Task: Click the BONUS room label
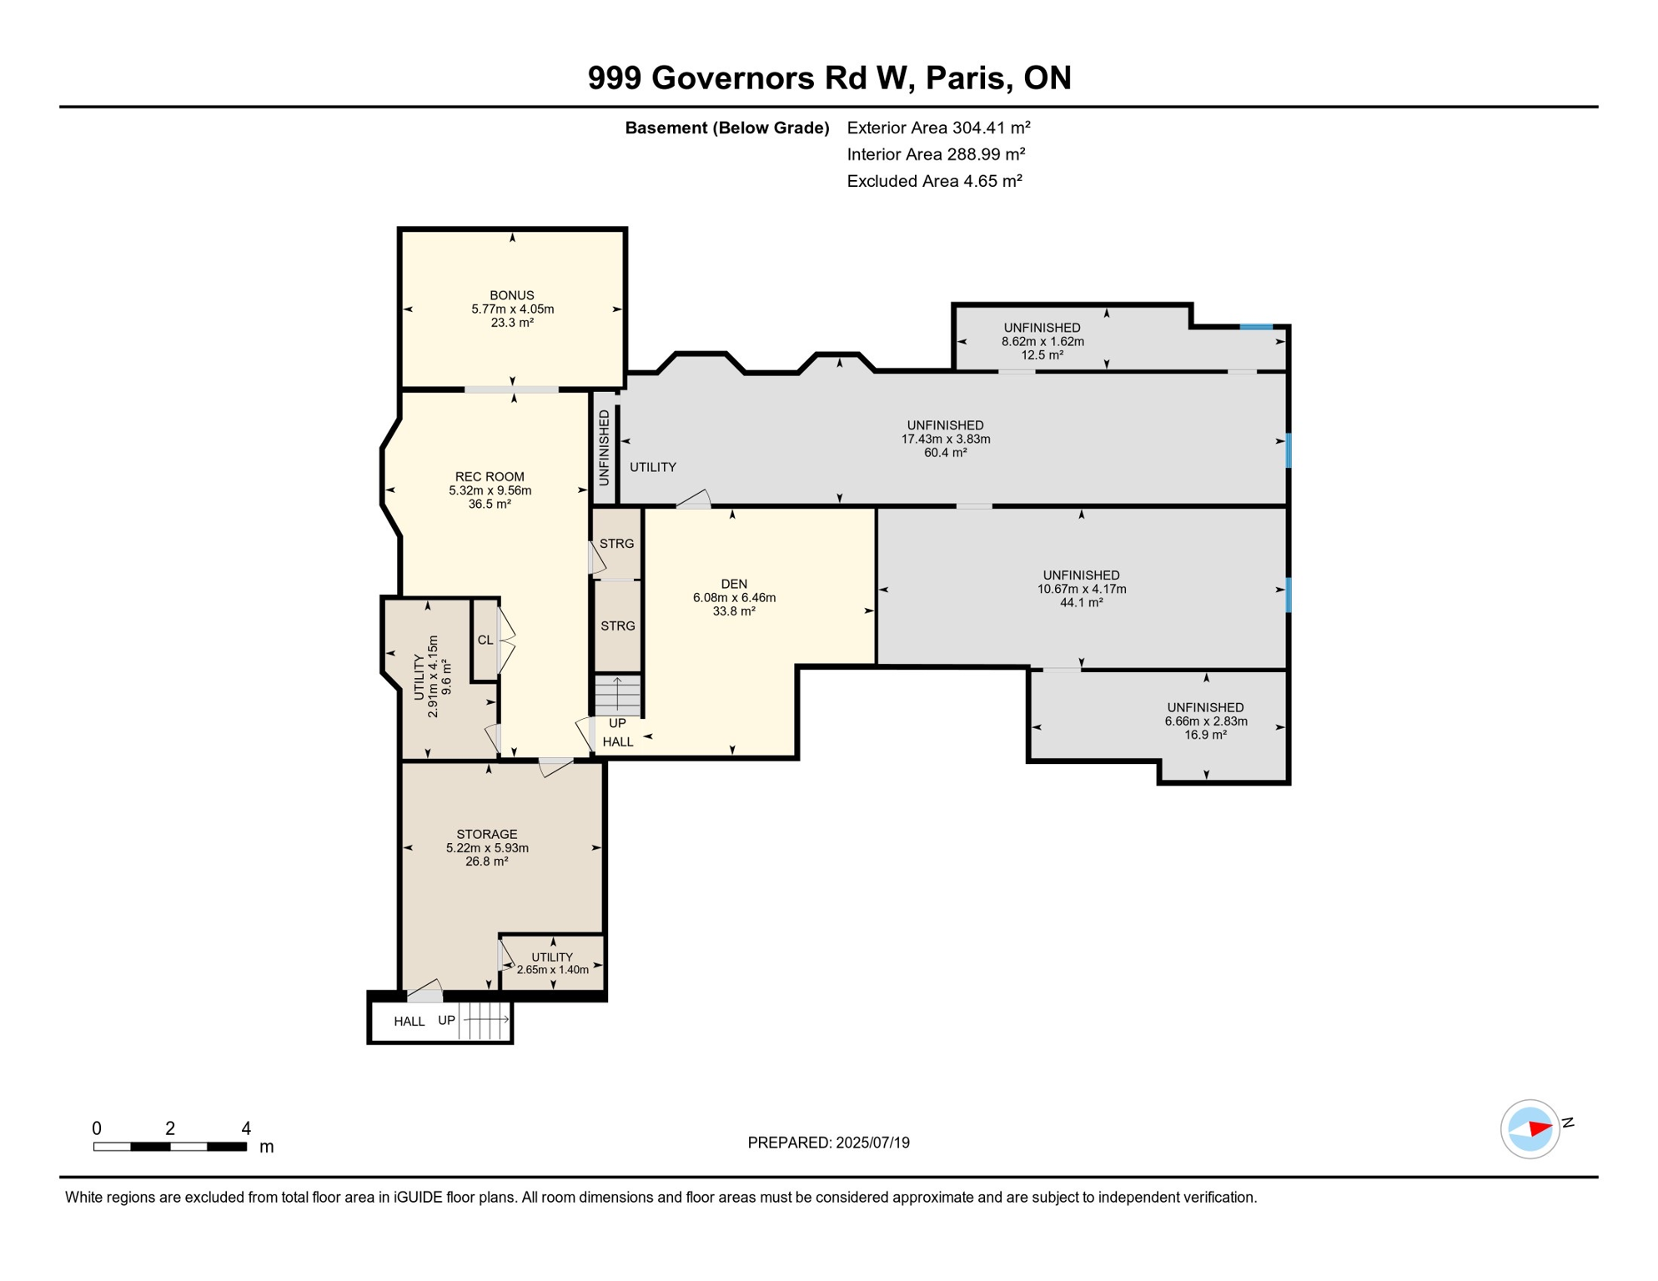click(511, 295)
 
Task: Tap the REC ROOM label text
click(490, 477)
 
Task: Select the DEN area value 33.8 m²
click(734, 611)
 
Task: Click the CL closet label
click(485, 640)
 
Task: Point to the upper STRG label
click(616, 544)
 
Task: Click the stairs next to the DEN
click(617, 695)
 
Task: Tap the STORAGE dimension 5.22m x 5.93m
click(487, 848)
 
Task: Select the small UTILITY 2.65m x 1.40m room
click(552, 964)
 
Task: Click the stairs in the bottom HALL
click(485, 1020)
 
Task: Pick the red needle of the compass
click(1540, 1129)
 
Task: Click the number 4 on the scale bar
click(246, 1128)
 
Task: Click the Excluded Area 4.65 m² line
click(934, 181)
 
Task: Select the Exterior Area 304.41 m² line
click(938, 128)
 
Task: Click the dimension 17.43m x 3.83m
click(945, 440)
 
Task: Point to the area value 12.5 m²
click(1042, 355)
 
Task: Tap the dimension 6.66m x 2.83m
click(1205, 721)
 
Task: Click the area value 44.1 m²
click(1081, 602)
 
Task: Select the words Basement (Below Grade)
click(726, 128)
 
